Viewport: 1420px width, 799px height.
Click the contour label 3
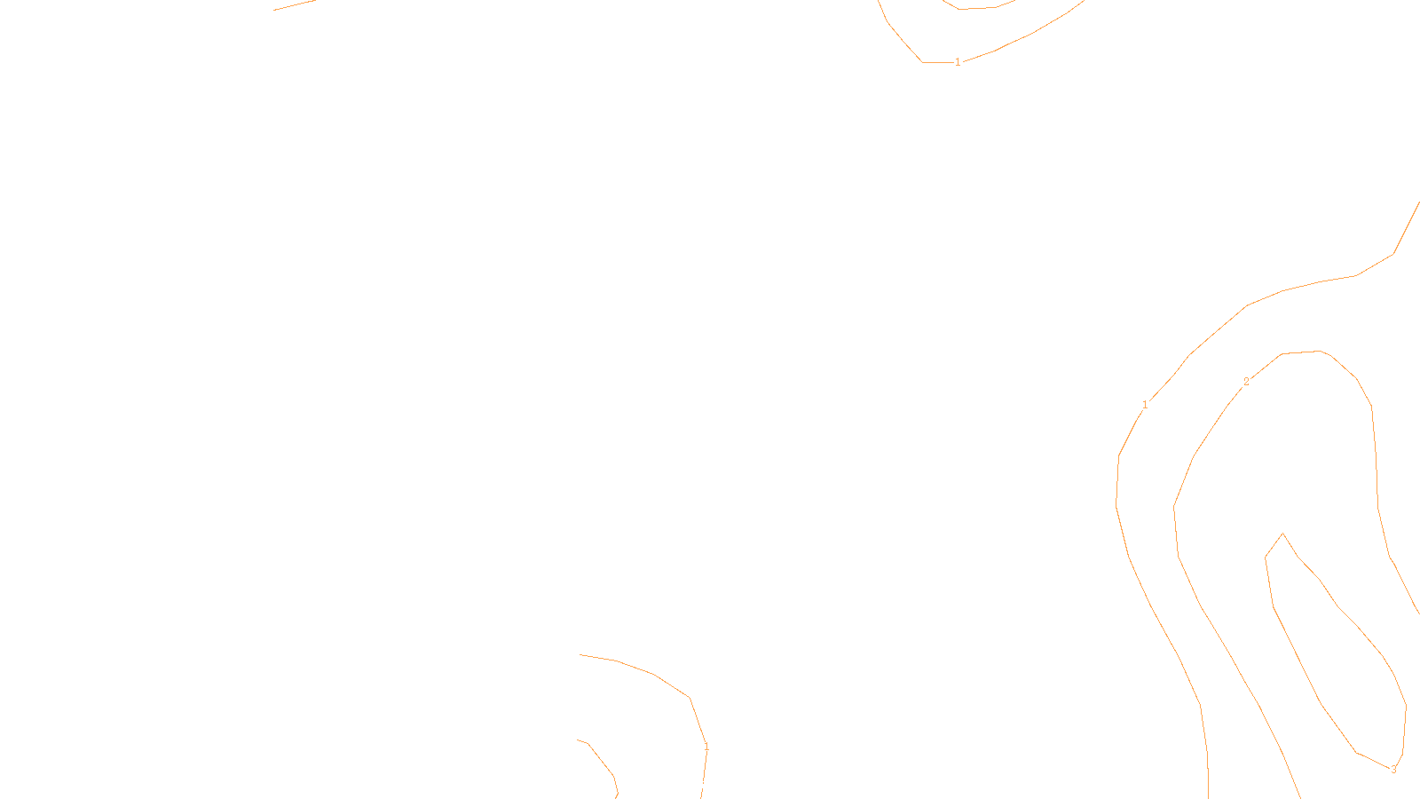pyautogui.click(x=1393, y=770)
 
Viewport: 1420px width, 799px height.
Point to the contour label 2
pyautogui.click(x=1246, y=382)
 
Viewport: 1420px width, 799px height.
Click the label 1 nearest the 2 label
pyautogui.click(x=1145, y=405)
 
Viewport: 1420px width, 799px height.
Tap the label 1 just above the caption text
pyautogui.click(x=706, y=748)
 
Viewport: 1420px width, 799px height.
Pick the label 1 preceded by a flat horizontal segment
pyautogui.click(x=958, y=62)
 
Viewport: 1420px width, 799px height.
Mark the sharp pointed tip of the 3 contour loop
pyautogui.click(x=1282, y=534)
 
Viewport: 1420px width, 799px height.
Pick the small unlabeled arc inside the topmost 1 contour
pyautogui.click(x=976, y=8)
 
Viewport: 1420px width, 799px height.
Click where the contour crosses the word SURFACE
pyautogui.click(x=703, y=785)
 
